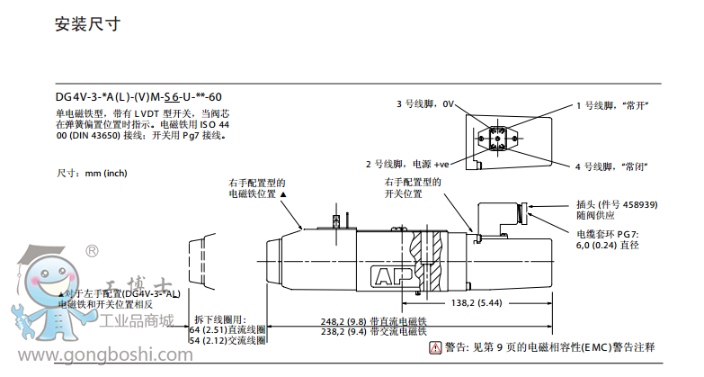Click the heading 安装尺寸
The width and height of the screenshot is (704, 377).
(x=87, y=24)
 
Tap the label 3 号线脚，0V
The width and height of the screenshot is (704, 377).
(x=427, y=104)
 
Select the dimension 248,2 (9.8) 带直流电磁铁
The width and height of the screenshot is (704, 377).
(x=372, y=321)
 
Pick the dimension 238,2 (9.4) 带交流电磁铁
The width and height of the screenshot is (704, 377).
(x=372, y=331)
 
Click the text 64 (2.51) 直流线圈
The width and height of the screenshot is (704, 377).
(x=227, y=330)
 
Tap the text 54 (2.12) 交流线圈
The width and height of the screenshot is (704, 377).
(x=227, y=340)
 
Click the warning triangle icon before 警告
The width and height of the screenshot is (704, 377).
(x=436, y=347)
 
